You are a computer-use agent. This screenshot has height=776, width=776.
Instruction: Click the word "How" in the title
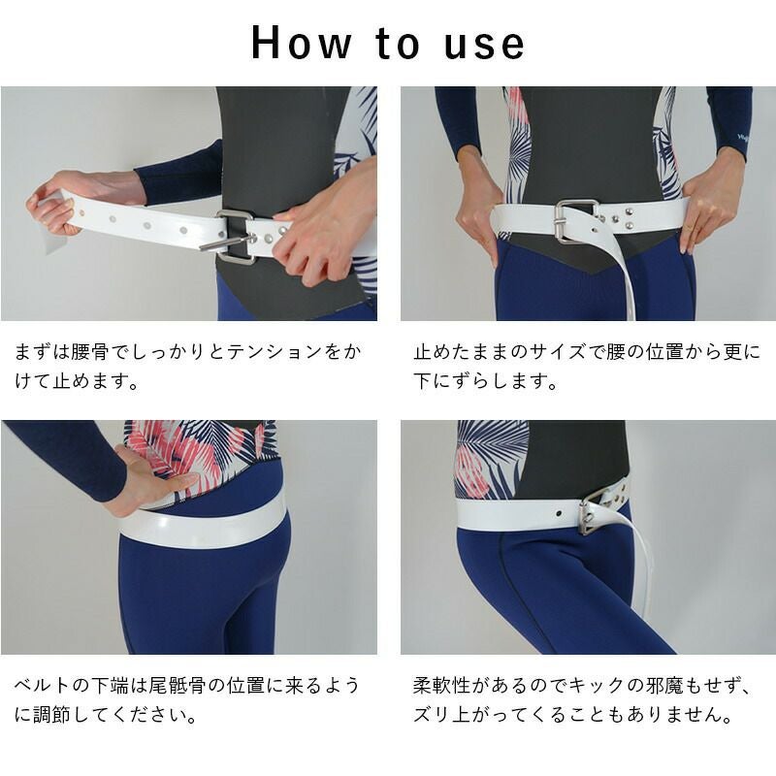[302, 43]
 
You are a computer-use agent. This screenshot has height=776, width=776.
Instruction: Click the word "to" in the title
[399, 44]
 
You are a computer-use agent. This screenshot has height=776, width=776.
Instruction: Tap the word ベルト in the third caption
[43, 686]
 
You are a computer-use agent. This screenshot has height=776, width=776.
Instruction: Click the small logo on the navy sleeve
[742, 138]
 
